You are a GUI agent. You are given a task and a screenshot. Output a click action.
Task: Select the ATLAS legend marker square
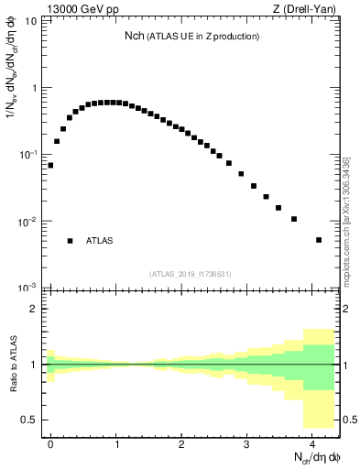pyautogui.click(x=70, y=241)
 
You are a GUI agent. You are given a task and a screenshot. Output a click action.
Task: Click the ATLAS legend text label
pyautogui.click(x=100, y=241)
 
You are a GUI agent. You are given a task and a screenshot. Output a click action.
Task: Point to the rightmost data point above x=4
pyautogui.click(x=319, y=240)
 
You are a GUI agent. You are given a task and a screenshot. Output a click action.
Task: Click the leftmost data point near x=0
pyautogui.click(x=50, y=166)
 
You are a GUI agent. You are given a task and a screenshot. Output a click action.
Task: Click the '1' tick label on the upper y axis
pyautogui.click(x=35, y=89)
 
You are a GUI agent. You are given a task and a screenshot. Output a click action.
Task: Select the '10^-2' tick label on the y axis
pyautogui.click(x=29, y=222)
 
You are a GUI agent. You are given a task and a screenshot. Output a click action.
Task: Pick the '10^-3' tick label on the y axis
pyautogui.click(x=29, y=288)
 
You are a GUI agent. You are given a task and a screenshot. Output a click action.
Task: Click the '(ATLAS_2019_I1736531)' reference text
pyautogui.click(x=191, y=274)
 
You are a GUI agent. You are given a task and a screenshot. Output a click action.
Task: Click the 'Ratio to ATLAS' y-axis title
pyautogui.click(x=13, y=364)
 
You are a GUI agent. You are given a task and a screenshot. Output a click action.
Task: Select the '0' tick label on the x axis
pyautogui.click(x=50, y=443)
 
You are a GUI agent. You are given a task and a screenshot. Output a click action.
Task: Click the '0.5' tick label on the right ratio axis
pyautogui.click(x=346, y=420)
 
